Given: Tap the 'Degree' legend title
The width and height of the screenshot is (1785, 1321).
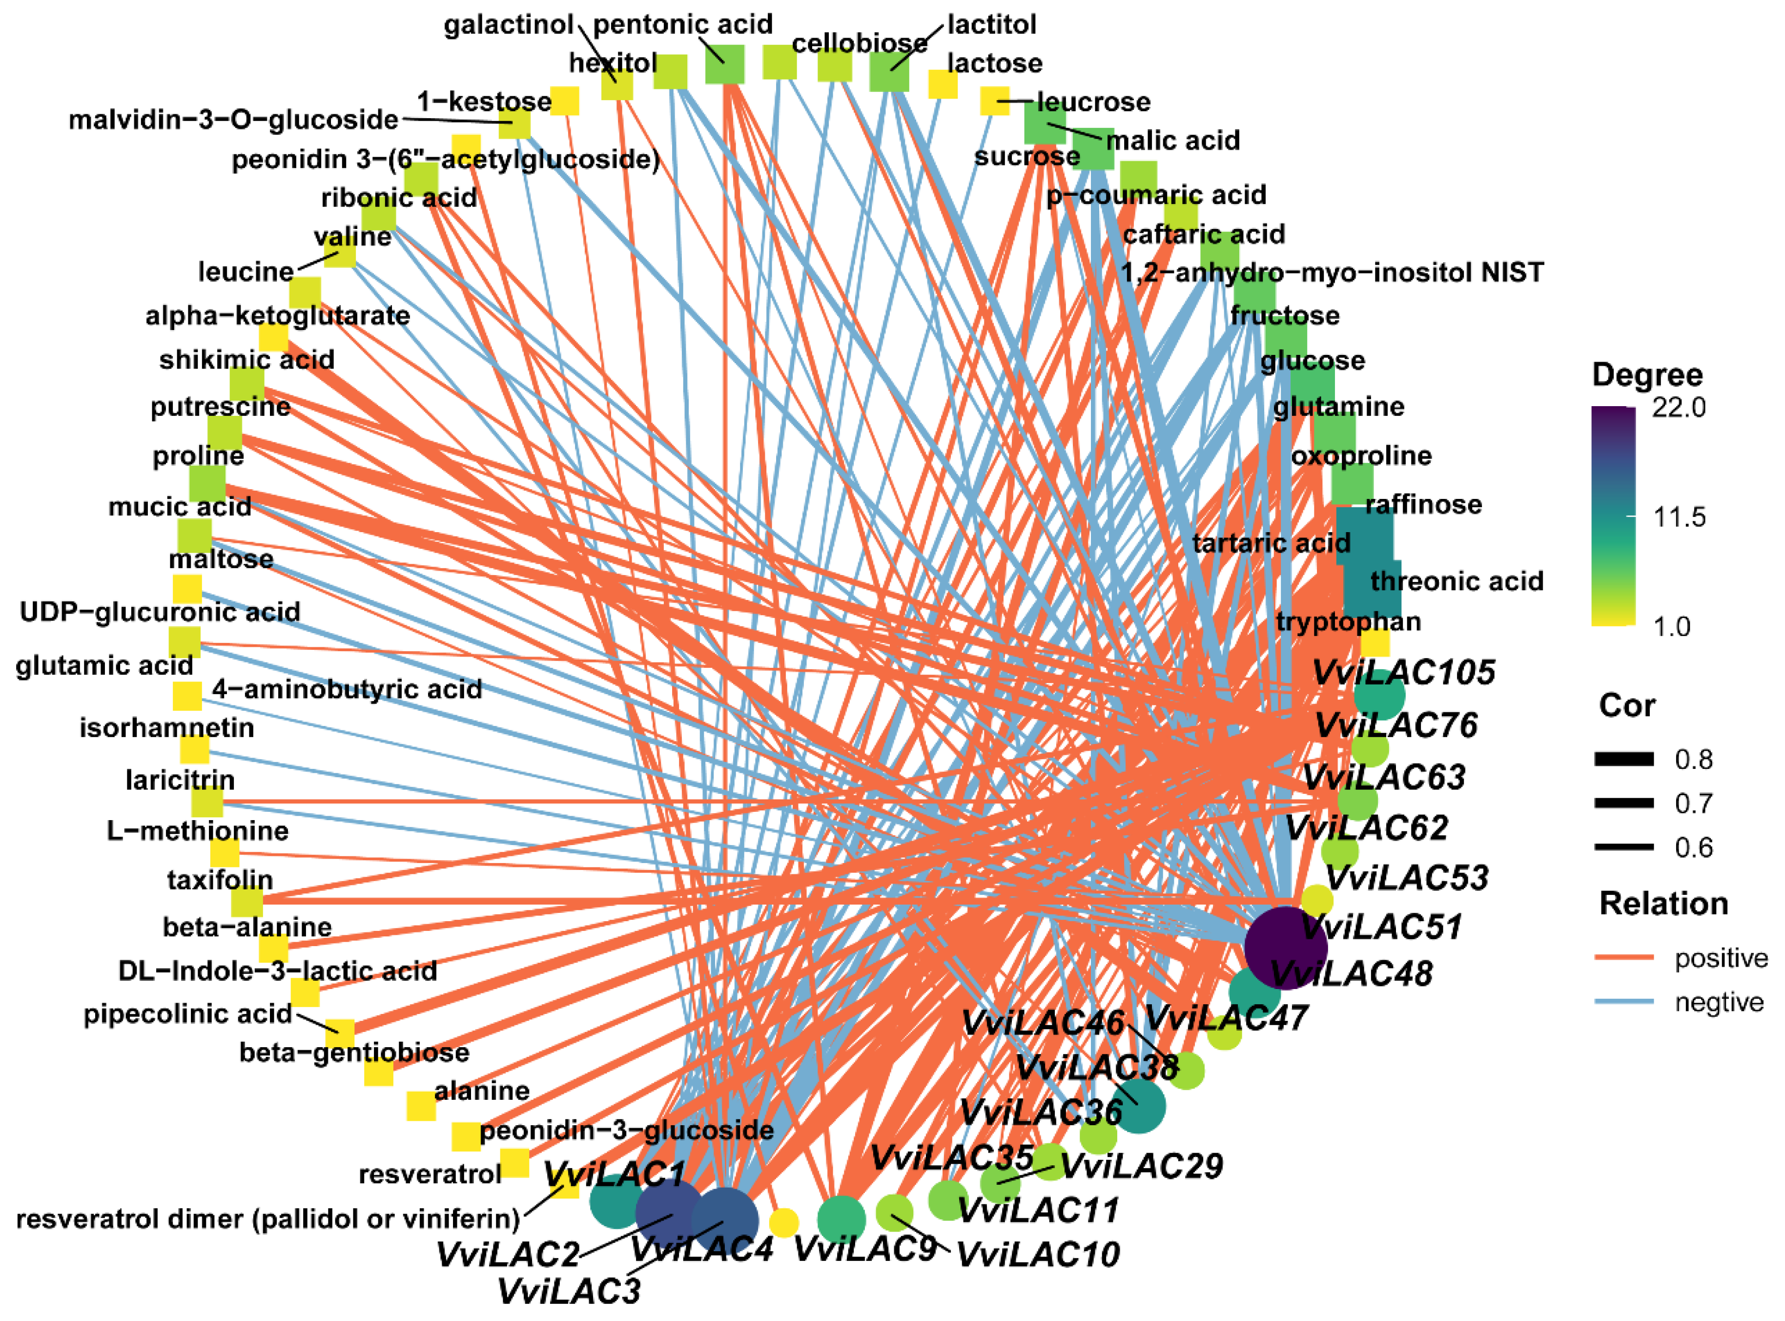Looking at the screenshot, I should click(x=1647, y=375).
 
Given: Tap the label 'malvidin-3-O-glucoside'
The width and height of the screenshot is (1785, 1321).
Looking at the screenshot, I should click(x=233, y=120).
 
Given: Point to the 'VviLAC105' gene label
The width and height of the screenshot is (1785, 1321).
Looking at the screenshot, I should click(x=1403, y=673).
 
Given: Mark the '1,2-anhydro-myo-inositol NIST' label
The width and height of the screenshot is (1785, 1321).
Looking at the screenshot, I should click(x=1332, y=273).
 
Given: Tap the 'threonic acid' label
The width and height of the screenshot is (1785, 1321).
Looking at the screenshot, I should click(x=1457, y=581).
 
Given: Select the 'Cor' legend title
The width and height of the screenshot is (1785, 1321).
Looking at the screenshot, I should click(x=1627, y=706).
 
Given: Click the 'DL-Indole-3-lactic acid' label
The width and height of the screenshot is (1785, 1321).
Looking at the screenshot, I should click(x=277, y=971).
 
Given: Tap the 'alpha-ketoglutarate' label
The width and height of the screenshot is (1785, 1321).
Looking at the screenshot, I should click(x=277, y=316).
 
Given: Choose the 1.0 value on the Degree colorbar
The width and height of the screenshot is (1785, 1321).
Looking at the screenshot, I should click(x=1671, y=626).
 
